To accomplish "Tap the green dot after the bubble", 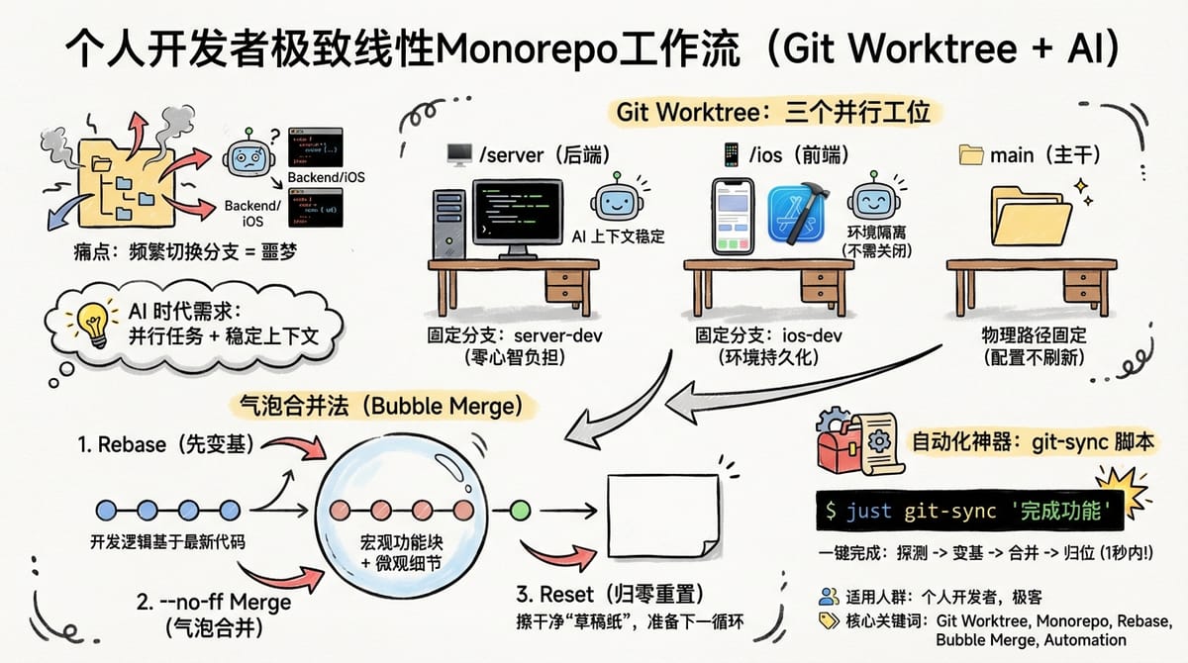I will click(x=520, y=512).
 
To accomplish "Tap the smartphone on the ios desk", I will click(x=733, y=216).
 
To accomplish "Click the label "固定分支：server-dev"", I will click(x=514, y=336).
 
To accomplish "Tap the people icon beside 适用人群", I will click(x=828, y=597).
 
